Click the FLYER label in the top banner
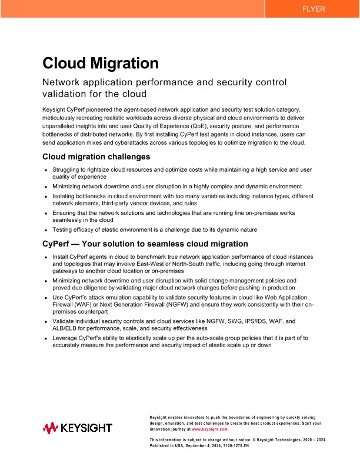(313, 9)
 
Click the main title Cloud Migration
(101, 63)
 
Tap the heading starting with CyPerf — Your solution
(145, 244)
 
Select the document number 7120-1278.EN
(234, 446)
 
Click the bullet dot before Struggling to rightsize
(46, 169)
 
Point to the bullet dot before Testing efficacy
(46, 229)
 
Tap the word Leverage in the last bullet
(66, 338)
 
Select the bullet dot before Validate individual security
(46, 322)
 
